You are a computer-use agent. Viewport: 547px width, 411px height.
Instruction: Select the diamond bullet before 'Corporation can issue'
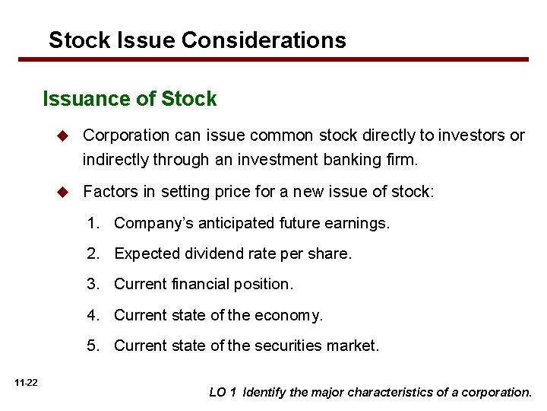[x=65, y=135]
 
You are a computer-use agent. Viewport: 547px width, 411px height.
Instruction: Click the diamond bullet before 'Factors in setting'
[x=65, y=191]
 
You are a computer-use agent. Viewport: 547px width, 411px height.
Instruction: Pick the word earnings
[x=359, y=224]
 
